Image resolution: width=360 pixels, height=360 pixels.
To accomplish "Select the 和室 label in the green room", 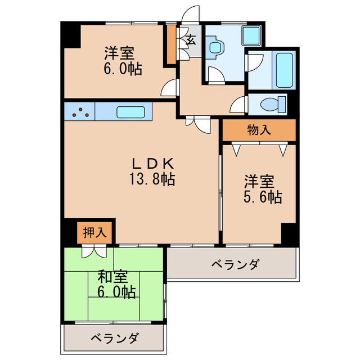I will pyautogui.click(x=113, y=277).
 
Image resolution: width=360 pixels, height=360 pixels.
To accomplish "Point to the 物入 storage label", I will pyautogui.click(x=258, y=130).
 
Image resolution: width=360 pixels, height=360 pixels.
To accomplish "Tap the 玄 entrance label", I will pyautogui.click(x=191, y=40).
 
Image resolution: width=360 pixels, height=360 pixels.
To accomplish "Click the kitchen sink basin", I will pyautogui.click(x=132, y=111).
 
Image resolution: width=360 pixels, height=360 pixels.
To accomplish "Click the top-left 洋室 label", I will pyautogui.click(x=119, y=54).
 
